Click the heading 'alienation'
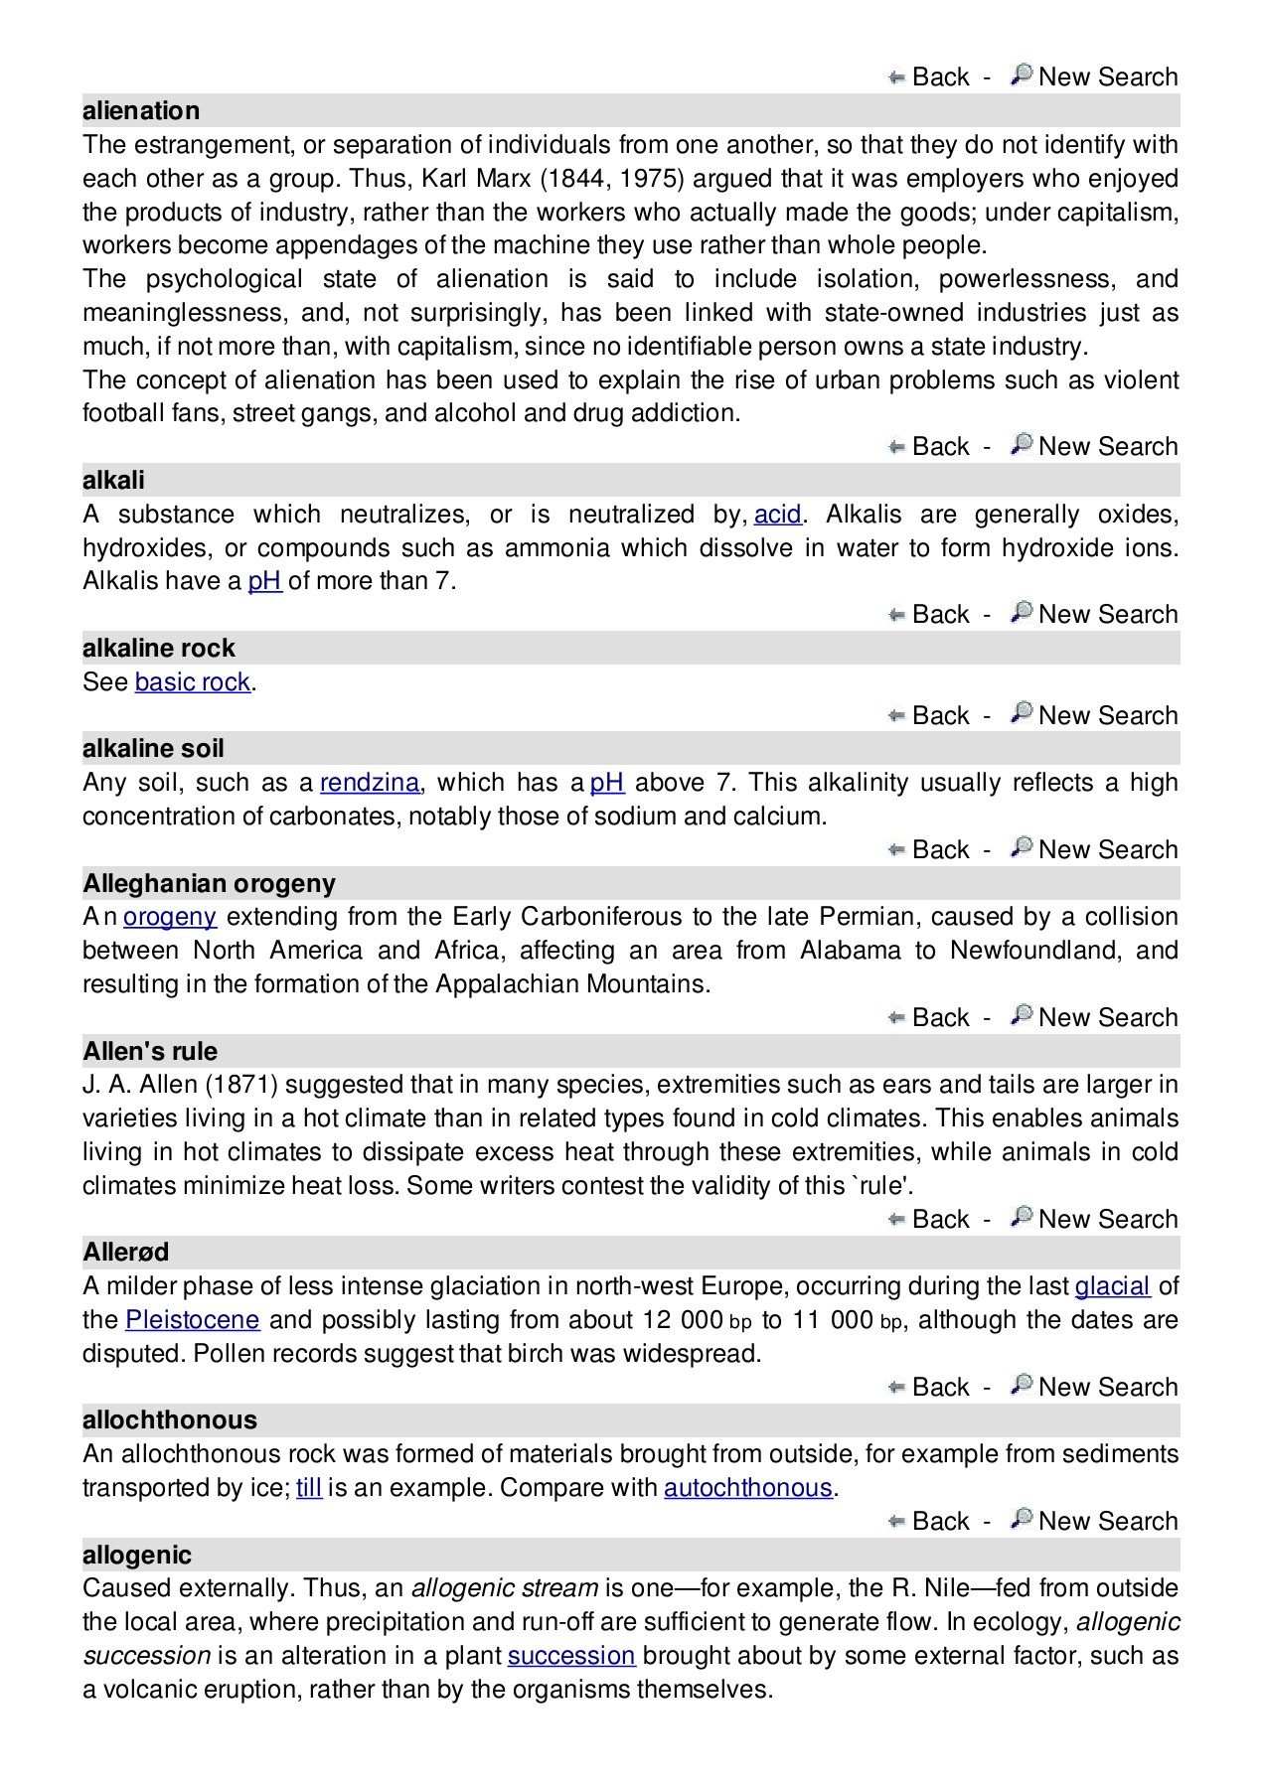click(141, 110)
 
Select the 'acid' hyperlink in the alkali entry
click(777, 515)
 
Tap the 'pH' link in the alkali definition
click(264, 581)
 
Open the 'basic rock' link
click(192, 682)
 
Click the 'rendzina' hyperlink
click(370, 783)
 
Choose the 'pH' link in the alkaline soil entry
click(606, 783)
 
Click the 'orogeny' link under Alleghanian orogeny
click(169, 917)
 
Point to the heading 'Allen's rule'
click(150, 1051)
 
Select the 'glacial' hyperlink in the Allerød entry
click(1112, 1286)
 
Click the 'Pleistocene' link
click(192, 1320)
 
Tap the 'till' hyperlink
click(308, 1488)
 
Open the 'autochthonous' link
click(747, 1488)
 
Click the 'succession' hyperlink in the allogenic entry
click(570, 1656)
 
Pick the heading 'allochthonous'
click(170, 1420)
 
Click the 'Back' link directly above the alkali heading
click(939, 447)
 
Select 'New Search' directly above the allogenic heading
click(1107, 1522)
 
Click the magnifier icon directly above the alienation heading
click(1021, 75)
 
